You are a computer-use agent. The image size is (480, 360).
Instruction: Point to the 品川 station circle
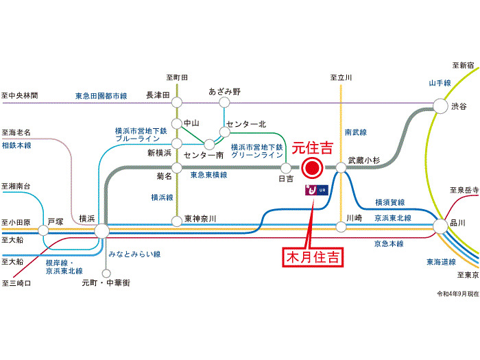coord(440,224)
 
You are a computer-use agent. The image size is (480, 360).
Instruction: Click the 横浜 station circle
coord(101,230)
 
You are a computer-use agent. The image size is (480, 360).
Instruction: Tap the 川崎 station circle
coord(341,226)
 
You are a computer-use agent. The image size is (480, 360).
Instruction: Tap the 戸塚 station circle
coord(47,232)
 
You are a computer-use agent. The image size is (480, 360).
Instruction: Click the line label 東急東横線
coord(208,176)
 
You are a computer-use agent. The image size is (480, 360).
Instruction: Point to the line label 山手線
coord(439,83)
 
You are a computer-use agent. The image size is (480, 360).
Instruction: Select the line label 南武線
coord(357,131)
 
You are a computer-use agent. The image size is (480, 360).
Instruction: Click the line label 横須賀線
coord(389,202)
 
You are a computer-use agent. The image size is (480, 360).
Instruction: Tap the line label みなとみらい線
coord(134,254)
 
